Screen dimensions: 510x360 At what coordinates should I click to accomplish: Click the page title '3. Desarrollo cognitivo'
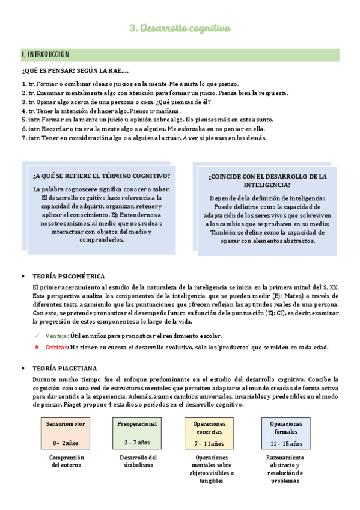coord(180,28)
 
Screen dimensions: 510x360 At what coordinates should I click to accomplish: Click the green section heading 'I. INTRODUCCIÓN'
coord(46,54)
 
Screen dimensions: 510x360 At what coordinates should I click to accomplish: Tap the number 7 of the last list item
coord(23,137)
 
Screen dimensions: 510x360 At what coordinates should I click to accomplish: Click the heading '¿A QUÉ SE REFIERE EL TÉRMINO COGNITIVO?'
coord(102,176)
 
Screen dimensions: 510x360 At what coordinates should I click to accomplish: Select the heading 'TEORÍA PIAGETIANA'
coord(67,368)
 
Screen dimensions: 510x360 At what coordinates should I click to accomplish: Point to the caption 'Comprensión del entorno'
coord(67,461)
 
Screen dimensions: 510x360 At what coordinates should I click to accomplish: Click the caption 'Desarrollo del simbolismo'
coord(138,461)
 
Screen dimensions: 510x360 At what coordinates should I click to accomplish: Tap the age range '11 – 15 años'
coord(286,444)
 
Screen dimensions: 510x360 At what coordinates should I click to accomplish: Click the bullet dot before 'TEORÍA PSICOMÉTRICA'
coord(23,277)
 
